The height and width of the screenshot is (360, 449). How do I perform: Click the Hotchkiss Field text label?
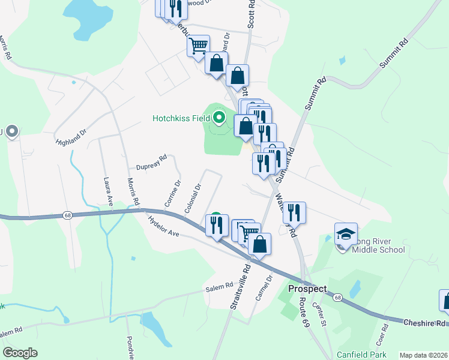pos(180,118)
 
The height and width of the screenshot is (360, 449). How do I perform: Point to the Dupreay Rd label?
pos(151,162)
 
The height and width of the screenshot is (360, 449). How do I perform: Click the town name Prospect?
pos(307,289)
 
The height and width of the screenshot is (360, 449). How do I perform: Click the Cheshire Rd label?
pos(424,323)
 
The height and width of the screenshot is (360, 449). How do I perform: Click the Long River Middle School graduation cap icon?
pos(346,235)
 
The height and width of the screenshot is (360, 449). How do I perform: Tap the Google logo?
pos(20,353)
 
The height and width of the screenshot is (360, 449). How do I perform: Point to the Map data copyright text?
pos(423,355)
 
